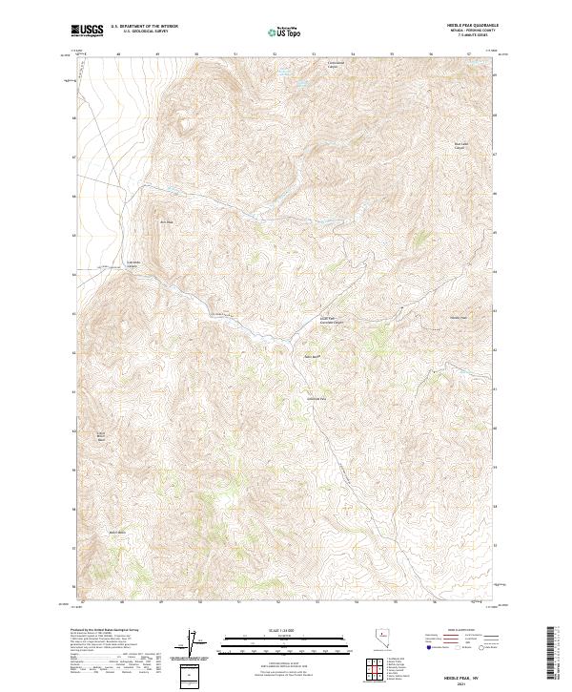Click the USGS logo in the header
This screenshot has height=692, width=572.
tap(88, 31)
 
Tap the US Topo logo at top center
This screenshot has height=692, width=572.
tap(286, 31)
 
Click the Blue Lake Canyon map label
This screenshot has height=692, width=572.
tap(461, 147)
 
